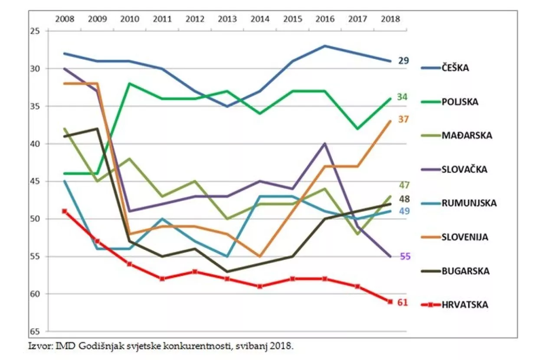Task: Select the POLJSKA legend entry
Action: tap(460, 102)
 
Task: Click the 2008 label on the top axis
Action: tap(65, 19)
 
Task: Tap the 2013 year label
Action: tap(227, 19)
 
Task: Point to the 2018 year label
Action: tap(389, 19)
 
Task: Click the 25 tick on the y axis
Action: tap(36, 31)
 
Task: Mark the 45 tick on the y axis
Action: tap(36, 181)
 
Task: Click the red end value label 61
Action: tap(403, 302)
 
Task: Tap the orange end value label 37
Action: tap(404, 119)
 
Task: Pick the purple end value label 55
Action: tap(405, 256)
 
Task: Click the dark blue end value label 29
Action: tap(404, 61)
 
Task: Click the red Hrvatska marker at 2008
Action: tap(65, 211)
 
